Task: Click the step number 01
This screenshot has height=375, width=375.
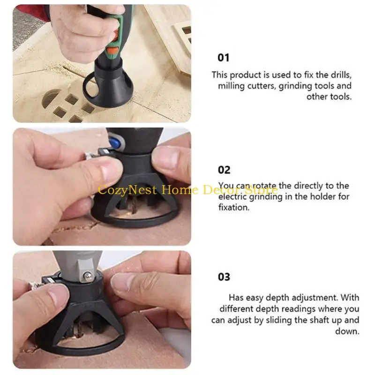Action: [x=224, y=58]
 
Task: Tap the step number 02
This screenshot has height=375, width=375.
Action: [x=224, y=170]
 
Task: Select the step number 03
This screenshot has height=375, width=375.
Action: [x=224, y=277]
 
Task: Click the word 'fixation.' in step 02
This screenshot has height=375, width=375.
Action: [x=234, y=208]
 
